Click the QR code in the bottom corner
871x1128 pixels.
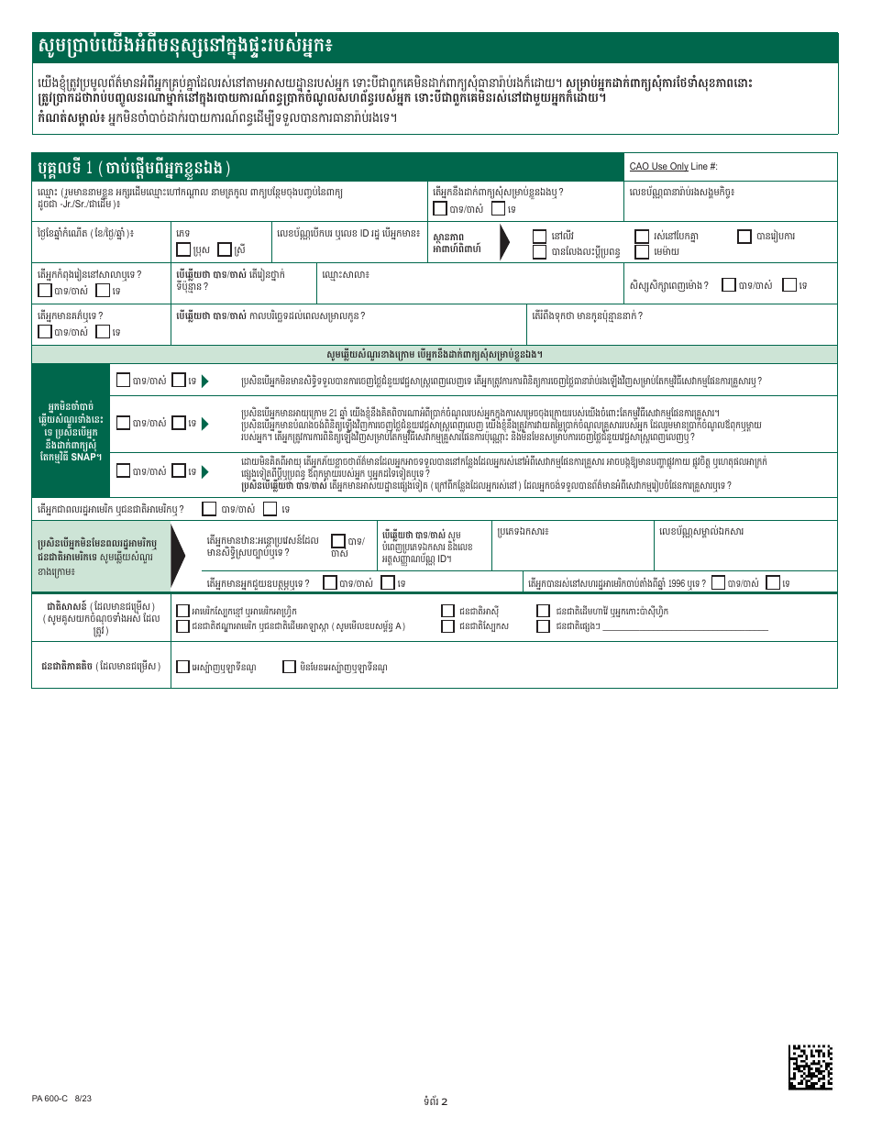(x=810, y=1067)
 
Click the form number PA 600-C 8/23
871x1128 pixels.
(x=61, y=1098)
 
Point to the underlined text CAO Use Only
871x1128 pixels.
(x=658, y=167)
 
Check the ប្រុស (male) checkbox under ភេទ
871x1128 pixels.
(x=183, y=249)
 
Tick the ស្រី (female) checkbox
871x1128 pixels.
(x=225, y=249)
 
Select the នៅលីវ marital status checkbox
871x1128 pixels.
(x=540, y=236)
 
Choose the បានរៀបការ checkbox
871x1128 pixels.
(x=744, y=236)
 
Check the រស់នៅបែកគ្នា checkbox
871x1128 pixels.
(x=642, y=236)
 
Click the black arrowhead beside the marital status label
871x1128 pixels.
(x=505, y=242)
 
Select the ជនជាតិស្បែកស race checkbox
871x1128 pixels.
(x=447, y=626)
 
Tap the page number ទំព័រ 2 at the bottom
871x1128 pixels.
(x=435, y=1101)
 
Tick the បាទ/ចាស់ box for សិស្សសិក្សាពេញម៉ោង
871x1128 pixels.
(x=728, y=285)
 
